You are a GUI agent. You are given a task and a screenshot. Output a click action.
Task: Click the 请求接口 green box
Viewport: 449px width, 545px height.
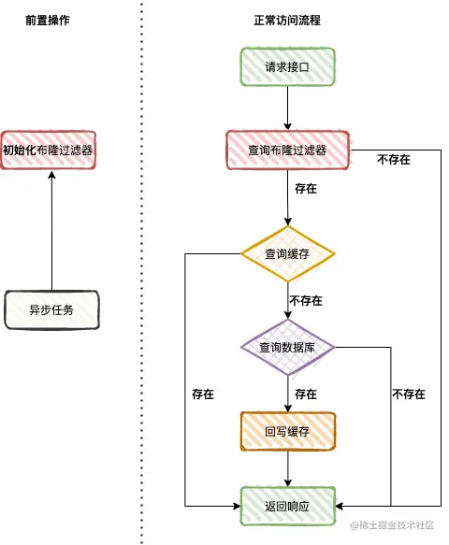[287, 66]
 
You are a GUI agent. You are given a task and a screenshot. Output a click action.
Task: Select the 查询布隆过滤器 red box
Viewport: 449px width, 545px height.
[287, 151]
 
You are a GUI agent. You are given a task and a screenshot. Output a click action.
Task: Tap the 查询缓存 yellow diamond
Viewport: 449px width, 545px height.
[287, 253]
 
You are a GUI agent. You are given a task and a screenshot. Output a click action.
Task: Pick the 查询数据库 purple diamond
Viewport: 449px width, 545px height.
[287, 347]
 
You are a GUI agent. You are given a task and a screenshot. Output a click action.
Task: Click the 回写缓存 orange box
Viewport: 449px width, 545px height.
[287, 431]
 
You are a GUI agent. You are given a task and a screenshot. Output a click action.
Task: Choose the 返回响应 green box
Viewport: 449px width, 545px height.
[287, 506]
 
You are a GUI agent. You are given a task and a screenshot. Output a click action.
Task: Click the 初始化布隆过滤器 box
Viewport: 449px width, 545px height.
[48, 151]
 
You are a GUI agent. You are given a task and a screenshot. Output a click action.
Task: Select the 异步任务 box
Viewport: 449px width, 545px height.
[51, 309]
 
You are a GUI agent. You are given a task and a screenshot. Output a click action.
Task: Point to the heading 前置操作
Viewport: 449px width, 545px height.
[48, 21]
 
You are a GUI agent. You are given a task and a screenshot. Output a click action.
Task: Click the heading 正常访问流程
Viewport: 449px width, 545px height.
[287, 21]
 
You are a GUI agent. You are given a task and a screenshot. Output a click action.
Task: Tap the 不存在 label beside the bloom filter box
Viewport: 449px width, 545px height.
[394, 160]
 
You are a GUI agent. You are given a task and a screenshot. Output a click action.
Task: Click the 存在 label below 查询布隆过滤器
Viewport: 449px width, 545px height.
[306, 189]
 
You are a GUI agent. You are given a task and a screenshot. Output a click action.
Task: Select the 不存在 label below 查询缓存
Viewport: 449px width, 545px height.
[306, 300]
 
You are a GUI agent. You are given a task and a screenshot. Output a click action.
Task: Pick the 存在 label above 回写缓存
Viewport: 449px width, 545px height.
[306, 394]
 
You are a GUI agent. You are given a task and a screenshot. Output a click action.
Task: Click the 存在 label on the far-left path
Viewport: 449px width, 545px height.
[203, 394]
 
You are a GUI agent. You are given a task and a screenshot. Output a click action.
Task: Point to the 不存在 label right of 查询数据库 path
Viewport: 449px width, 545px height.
[409, 394]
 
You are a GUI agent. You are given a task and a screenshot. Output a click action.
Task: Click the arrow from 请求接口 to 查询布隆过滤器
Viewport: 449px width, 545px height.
[287, 108]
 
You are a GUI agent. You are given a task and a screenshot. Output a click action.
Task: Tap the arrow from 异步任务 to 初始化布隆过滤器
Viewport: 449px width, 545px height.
[51, 231]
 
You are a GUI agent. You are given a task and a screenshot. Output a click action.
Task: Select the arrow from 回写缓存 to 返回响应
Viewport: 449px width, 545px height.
[287, 468]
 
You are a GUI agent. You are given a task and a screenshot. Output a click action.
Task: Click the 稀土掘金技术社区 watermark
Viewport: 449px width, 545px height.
[392, 524]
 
